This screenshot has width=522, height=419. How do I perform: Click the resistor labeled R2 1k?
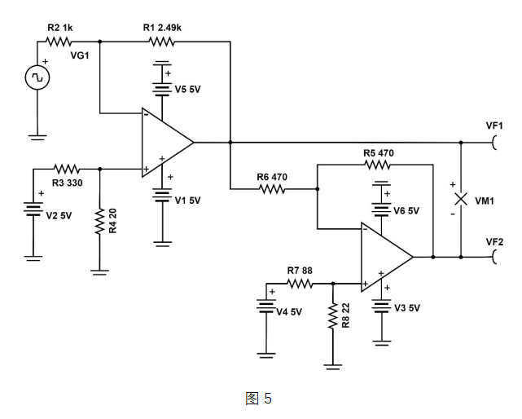click(x=59, y=41)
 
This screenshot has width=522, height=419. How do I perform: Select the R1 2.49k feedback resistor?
click(x=162, y=41)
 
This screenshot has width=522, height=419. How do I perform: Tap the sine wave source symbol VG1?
click(x=37, y=77)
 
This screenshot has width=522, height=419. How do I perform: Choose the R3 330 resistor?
click(x=66, y=169)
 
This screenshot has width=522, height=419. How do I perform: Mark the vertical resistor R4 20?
click(x=99, y=221)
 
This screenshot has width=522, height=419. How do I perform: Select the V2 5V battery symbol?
click(x=33, y=211)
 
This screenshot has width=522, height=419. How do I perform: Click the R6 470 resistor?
click(x=272, y=190)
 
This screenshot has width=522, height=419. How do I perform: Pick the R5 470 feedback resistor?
click(x=379, y=165)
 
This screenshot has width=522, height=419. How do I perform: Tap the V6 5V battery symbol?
click(x=380, y=206)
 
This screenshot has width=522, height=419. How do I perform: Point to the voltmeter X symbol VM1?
click(x=461, y=199)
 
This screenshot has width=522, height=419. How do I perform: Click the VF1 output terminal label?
click(x=494, y=126)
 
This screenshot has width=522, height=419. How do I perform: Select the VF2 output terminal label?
click(x=494, y=241)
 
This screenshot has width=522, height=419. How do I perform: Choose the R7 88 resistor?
click(x=300, y=284)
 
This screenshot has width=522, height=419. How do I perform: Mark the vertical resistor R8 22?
click(x=333, y=317)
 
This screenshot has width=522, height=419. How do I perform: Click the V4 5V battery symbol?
click(x=266, y=308)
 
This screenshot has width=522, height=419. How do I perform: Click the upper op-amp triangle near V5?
click(x=166, y=142)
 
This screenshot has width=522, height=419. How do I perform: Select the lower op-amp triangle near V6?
click(x=385, y=257)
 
